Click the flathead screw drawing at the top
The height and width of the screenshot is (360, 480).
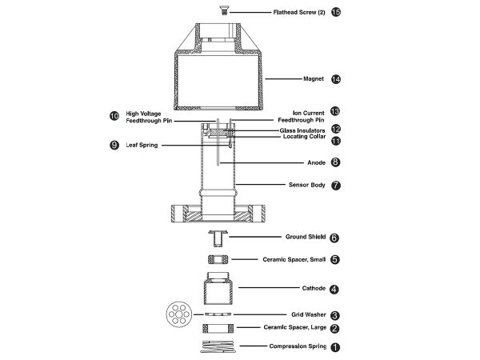tap(224, 10)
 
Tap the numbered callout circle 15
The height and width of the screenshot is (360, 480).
tap(336, 12)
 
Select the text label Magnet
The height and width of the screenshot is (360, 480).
tap(314, 78)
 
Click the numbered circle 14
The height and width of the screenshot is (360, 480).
tap(336, 79)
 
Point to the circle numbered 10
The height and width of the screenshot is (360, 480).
tap(114, 116)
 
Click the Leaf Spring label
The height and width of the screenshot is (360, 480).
tap(142, 145)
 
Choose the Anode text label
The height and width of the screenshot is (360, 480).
tap(316, 162)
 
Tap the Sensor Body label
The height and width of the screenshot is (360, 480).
tap(306, 185)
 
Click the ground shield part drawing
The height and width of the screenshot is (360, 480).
tap(218, 238)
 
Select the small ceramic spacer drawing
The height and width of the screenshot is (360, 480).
tap(218, 259)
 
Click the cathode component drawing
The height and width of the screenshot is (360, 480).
tap(218, 288)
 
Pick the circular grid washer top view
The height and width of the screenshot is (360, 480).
tap(178, 314)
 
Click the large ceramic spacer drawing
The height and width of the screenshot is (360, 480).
tap(218, 329)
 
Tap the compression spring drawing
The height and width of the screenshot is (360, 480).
tap(218, 346)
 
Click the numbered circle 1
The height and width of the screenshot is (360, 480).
tap(335, 347)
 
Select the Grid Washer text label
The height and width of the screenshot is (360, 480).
tap(309, 314)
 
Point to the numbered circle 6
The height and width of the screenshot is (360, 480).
tap(334, 238)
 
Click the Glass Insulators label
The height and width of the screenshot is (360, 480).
tap(302, 130)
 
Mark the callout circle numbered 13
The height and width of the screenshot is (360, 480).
tap(335, 111)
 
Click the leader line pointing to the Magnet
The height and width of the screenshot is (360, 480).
tap(283, 79)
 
